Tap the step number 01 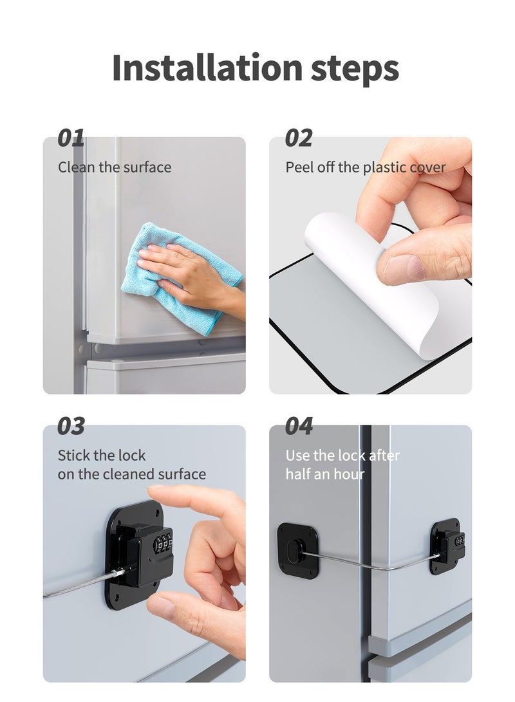[x=71, y=138]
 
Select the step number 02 [x=299, y=138]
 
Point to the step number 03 [x=71, y=426]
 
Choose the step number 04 [x=299, y=426]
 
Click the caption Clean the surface [x=115, y=167]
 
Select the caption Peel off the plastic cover [x=366, y=167]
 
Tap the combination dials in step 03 [x=163, y=542]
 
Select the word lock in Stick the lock [x=133, y=456]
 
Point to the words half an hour [x=325, y=474]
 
